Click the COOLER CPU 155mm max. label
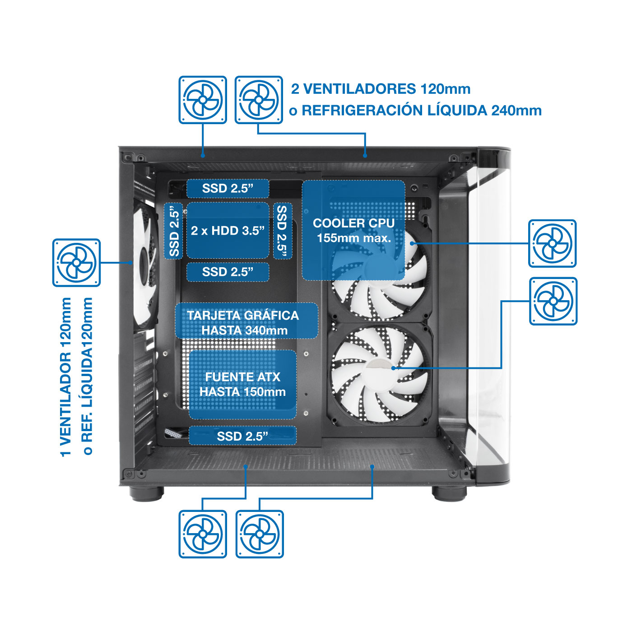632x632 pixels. tap(353, 230)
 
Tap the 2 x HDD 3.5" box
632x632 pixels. tap(228, 230)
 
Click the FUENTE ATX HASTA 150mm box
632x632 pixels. tap(243, 384)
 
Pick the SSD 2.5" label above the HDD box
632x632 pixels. tap(228, 189)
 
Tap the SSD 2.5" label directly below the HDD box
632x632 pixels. tap(228, 272)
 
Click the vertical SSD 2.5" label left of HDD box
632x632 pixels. tap(174, 231)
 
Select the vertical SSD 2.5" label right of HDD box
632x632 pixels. tap(283, 231)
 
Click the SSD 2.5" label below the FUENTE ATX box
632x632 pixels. tap(243, 436)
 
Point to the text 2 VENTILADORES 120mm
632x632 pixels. tap(381, 89)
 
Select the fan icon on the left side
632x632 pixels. tap(76, 263)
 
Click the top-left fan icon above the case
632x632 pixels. tap(203, 100)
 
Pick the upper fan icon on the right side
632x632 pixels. tap(552, 244)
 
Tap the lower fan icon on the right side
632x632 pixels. tap(553, 302)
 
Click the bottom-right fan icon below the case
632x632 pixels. tap(260, 534)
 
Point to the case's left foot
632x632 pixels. tap(147, 493)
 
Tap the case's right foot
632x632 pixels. tap(449, 493)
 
